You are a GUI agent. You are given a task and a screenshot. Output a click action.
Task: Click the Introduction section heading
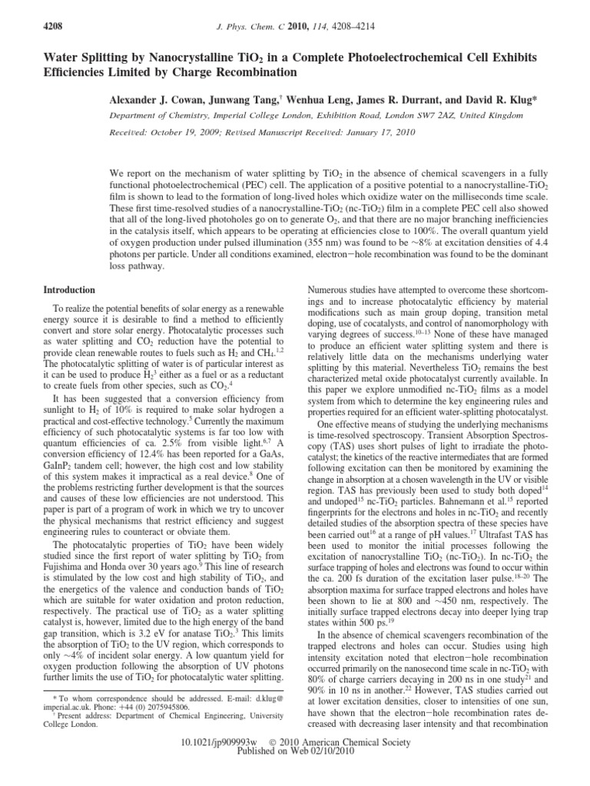click(x=69, y=290)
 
